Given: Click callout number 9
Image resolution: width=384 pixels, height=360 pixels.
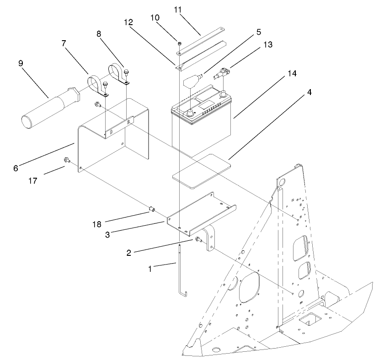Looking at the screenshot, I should click(x=21, y=64).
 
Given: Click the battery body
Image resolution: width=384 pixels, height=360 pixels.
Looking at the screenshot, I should click(x=201, y=132).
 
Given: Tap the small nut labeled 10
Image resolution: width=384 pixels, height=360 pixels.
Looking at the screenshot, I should click(x=180, y=44).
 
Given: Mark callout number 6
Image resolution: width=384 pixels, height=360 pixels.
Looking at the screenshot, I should click(x=16, y=168).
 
